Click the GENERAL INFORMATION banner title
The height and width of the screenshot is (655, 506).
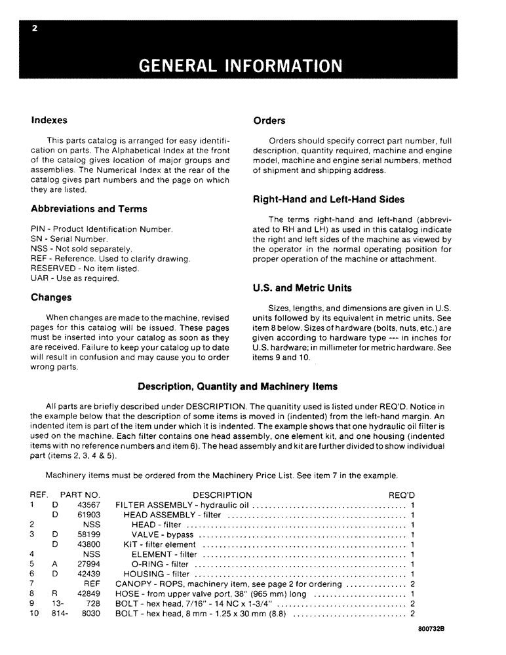241,66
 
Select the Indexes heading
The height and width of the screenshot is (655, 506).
49,121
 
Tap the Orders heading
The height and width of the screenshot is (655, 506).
269,121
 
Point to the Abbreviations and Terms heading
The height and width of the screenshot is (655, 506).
88,209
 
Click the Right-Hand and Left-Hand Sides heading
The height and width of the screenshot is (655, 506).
328,199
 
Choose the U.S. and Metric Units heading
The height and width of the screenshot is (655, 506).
302,288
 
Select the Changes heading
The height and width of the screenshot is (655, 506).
51,297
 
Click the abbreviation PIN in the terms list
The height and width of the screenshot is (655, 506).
39,229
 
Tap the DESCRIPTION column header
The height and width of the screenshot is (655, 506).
222,495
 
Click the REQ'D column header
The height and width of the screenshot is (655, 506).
402,495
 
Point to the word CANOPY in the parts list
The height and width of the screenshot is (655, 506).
133,584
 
